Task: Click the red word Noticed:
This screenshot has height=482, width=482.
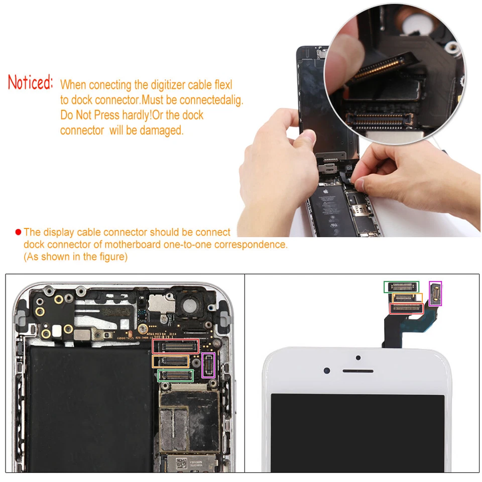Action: click(30, 82)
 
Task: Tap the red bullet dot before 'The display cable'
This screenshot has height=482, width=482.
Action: click(18, 232)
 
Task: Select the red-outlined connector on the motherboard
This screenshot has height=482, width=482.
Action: click(176, 346)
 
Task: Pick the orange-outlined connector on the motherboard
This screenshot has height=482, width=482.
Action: click(170, 361)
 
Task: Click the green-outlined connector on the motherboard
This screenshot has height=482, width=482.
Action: click(175, 375)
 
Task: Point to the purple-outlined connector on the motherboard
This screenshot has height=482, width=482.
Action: click(208, 365)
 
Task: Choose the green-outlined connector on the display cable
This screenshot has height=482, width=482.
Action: click(401, 287)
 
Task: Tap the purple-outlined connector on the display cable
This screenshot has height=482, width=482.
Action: click(435, 293)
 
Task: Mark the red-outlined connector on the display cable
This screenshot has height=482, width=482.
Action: click(406, 308)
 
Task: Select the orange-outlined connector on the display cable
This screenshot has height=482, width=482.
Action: click(408, 298)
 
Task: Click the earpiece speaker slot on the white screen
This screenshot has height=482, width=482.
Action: click(358, 371)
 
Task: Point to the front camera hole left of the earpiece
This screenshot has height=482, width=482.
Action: click(327, 371)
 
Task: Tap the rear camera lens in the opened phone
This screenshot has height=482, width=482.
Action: click(191, 304)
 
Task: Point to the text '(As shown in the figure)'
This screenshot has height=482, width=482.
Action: click(75, 257)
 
